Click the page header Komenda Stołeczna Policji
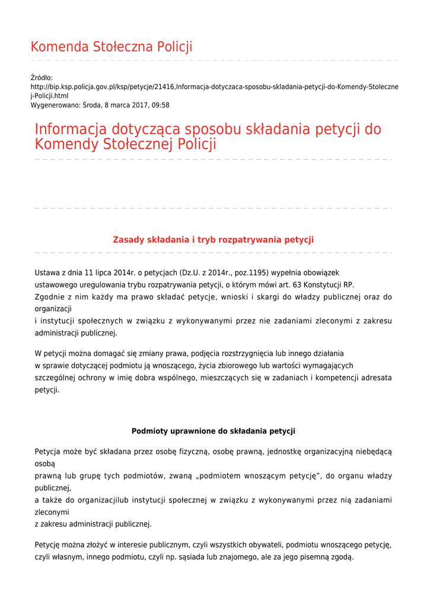click(112, 47)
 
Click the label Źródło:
click(42, 78)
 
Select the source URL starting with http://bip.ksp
click(214, 87)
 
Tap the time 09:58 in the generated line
click(161, 105)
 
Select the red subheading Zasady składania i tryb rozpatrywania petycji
click(213, 240)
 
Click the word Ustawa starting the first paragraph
click(47, 273)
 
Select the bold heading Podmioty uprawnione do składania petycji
click(213, 431)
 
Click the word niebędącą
click(373, 452)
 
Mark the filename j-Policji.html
click(49, 96)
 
